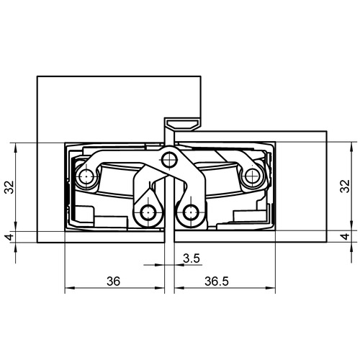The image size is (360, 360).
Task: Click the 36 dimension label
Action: pyautogui.click(x=113, y=282)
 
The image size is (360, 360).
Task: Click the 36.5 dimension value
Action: pyautogui.click(x=217, y=282)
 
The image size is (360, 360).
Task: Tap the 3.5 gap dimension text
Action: pyautogui.click(x=192, y=258)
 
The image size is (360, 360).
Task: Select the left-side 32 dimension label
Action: pyautogui.click(x=10, y=187)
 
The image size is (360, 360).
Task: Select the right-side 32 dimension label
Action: pyautogui.click(x=345, y=186)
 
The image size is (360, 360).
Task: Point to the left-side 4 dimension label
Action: pyautogui.click(x=10, y=237)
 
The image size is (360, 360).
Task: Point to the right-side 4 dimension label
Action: pyautogui.click(x=345, y=237)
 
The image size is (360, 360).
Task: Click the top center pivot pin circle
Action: pyautogui.click(x=169, y=159)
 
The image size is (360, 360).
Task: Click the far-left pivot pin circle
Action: pyautogui.click(x=86, y=177)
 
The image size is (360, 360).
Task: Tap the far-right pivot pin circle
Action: pyautogui.click(x=252, y=176)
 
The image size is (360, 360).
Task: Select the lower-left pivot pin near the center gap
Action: pyautogui.click(x=148, y=212)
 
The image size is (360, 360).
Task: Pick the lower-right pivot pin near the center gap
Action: pyautogui.click(x=191, y=212)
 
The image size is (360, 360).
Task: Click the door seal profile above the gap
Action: pyautogui.click(x=182, y=125)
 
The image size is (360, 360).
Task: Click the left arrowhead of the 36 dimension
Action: pyautogui.click(x=70, y=288)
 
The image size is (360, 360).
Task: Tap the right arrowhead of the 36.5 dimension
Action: pyautogui.click(x=271, y=288)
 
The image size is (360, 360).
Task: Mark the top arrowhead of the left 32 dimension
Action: pyautogui.click(x=16, y=148)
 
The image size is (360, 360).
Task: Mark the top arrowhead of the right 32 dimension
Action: pyautogui.click(x=351, y=147)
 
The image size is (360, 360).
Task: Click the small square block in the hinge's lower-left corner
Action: pyautogui.click(x=84, y=215)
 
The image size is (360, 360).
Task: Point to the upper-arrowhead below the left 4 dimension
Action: pyautogui.click(x=16, y=248)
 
